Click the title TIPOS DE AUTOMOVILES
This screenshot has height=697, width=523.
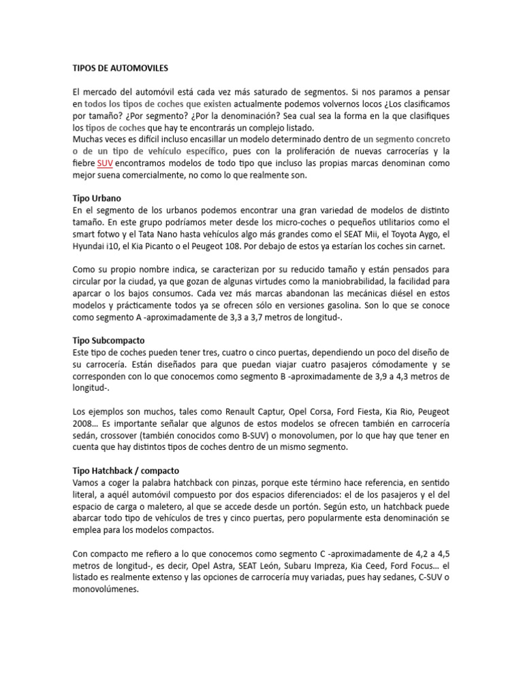[x=120, y=69]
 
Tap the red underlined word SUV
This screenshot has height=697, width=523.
[x=105, y=163]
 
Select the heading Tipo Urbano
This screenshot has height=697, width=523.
[x=97, y=198]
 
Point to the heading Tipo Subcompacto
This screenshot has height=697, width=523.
[x=108, y=339]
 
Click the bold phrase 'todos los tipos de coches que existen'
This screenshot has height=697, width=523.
[x=157, y=104]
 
